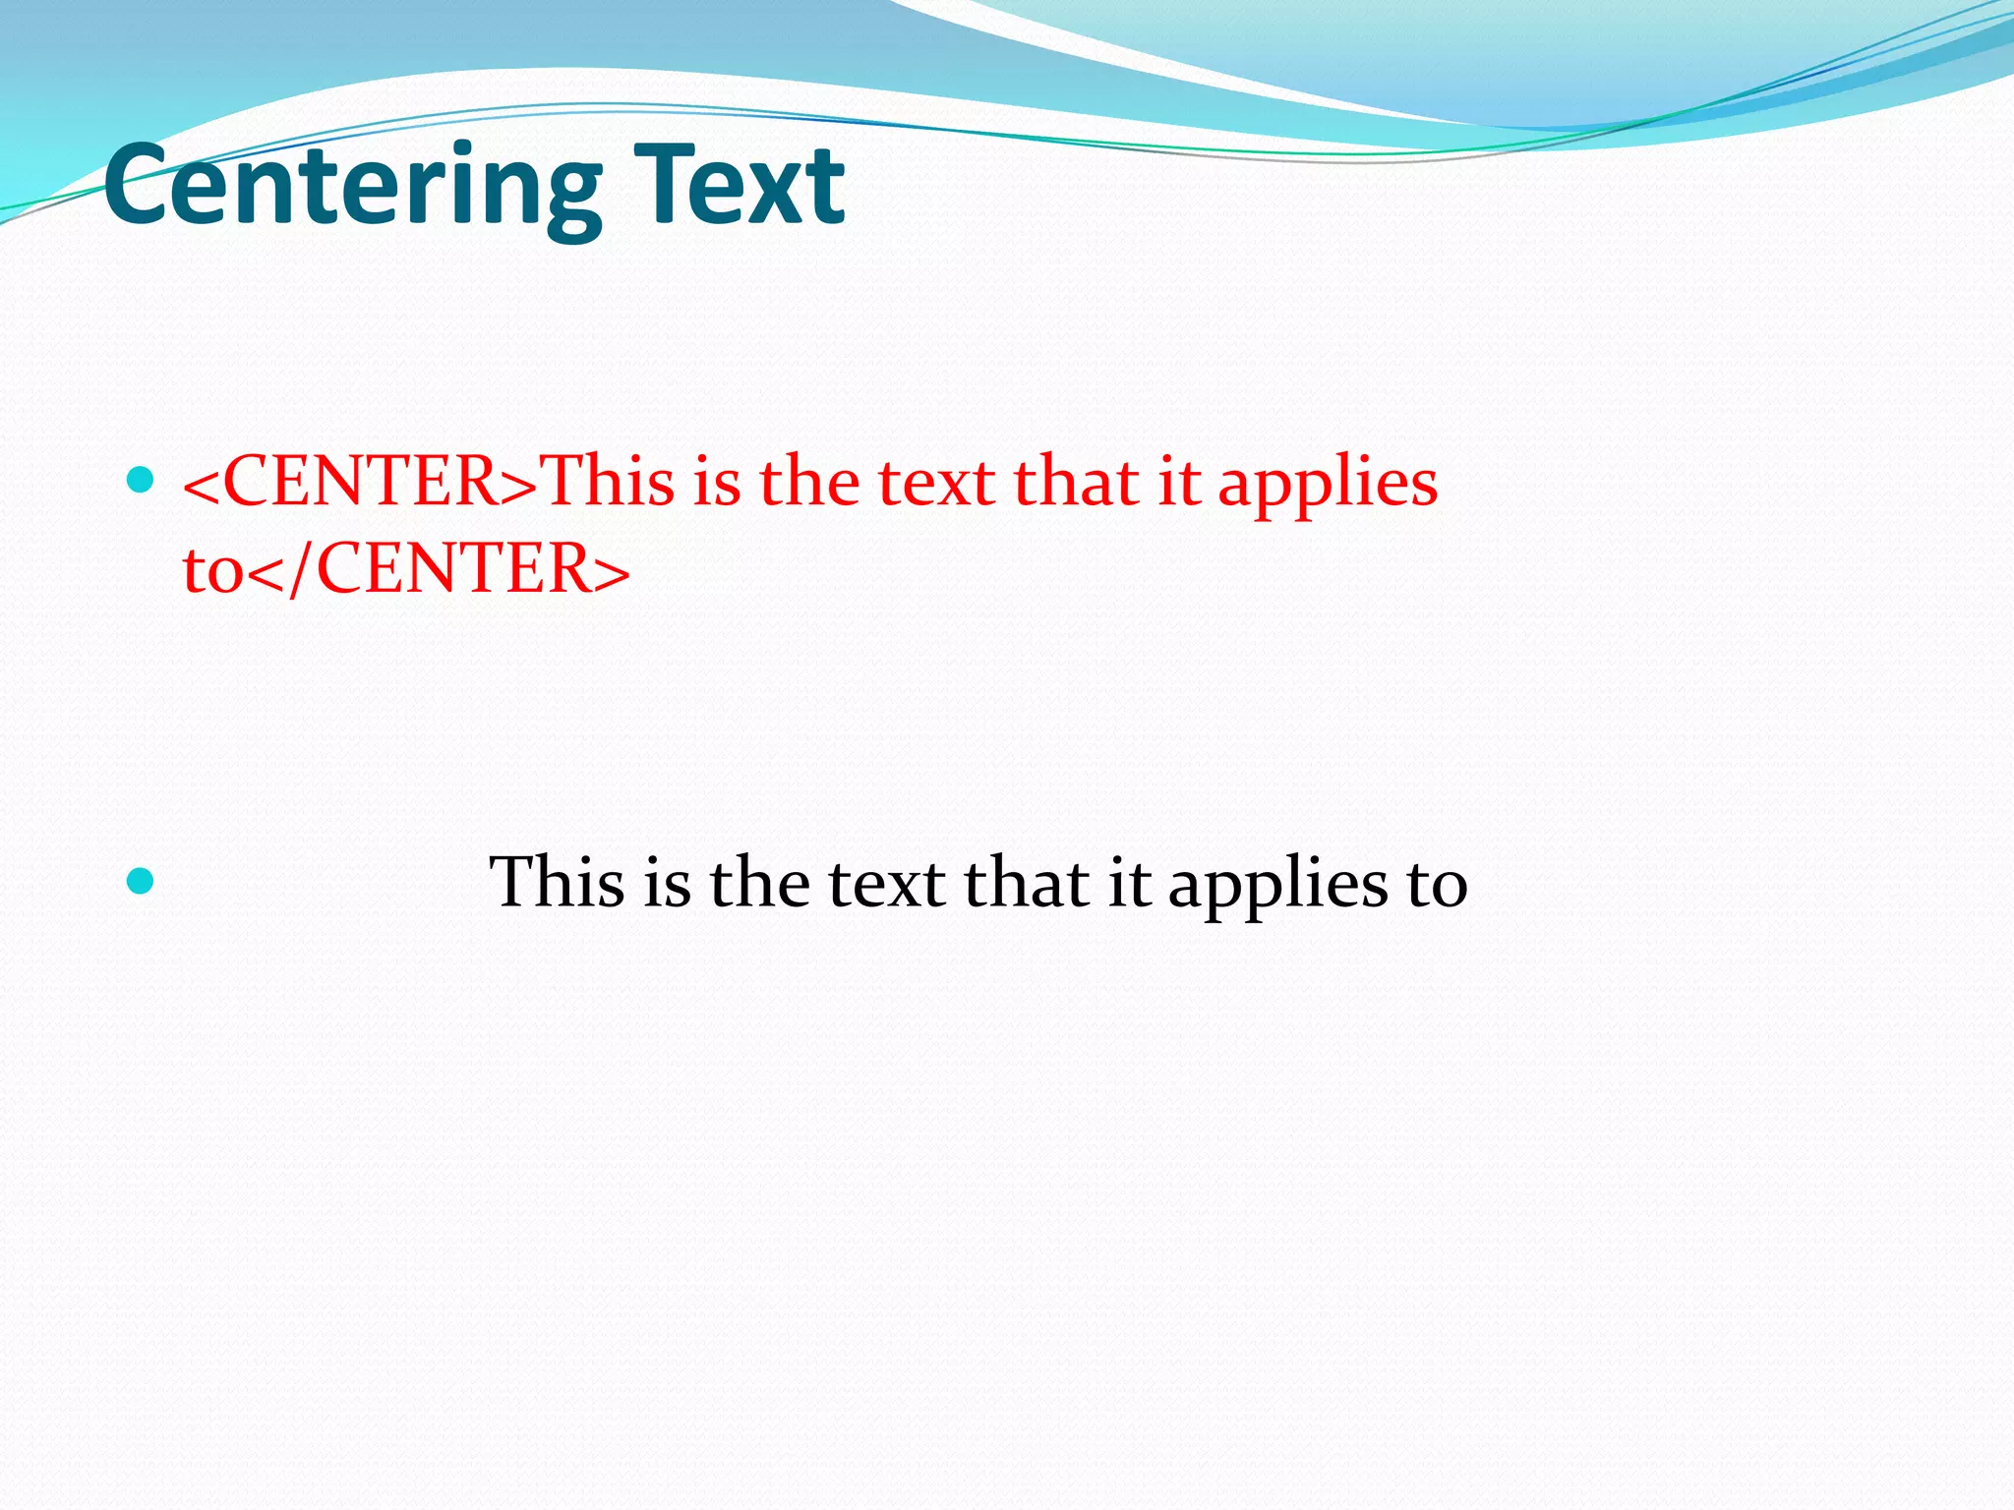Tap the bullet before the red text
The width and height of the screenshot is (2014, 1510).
click(x=142, y=481)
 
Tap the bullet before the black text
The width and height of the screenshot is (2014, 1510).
click(x=142, y=881)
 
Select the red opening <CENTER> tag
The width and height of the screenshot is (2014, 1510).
click(x=361, y=482)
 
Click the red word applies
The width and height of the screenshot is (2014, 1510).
click(x=1328, y=484)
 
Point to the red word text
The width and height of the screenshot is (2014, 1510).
click(x=935, y=484)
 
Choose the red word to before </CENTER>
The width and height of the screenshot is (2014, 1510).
click(x=212, y=571)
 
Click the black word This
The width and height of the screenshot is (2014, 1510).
click(x=557, y=882)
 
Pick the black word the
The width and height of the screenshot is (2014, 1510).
click(x=760, y=882)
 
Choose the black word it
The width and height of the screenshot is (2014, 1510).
click(x=1129, y=882)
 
